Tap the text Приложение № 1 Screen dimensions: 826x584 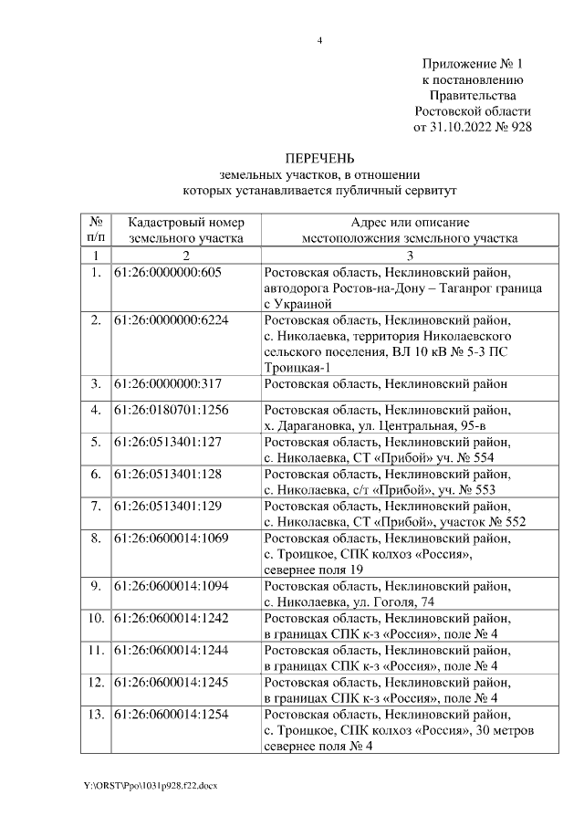click(474, 65)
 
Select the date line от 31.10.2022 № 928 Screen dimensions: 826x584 click(473, 127)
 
